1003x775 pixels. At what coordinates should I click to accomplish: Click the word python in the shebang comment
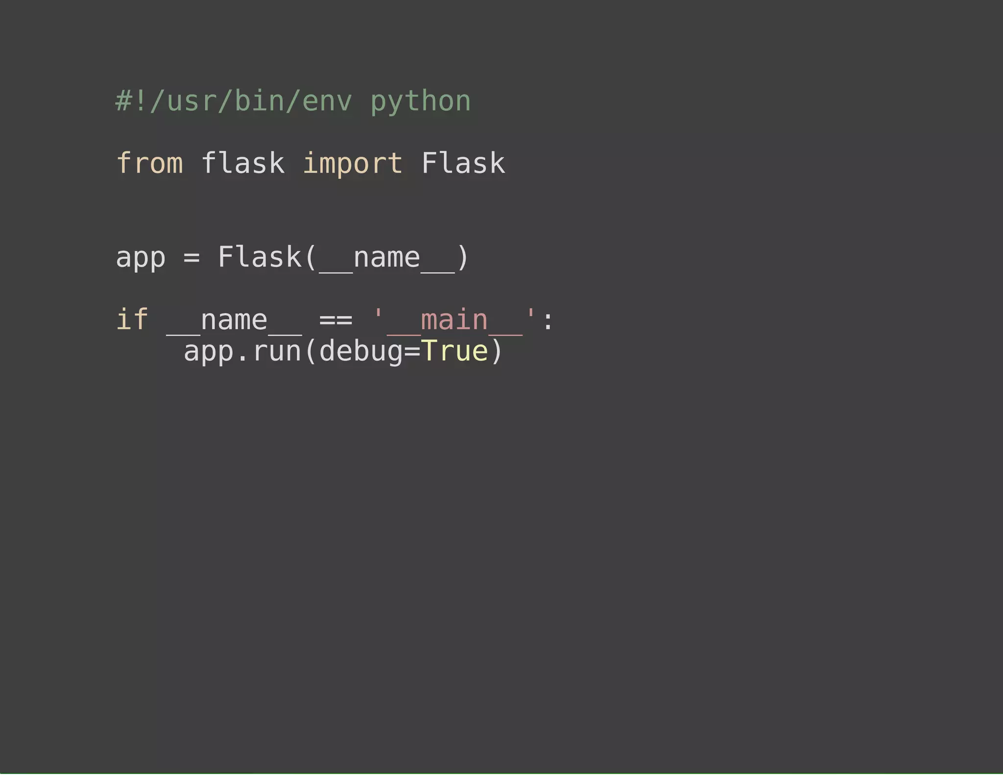421,102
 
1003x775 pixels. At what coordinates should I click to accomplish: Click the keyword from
150,163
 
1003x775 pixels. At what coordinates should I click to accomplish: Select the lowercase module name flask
243,163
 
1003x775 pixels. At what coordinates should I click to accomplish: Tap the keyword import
353,163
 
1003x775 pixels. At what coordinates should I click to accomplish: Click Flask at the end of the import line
463,163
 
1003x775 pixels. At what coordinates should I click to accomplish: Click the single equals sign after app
191,258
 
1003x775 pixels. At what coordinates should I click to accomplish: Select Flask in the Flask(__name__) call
260,257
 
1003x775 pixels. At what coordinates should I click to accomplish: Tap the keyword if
132,320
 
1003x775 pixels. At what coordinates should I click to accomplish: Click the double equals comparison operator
335,320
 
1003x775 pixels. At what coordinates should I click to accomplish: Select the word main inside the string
454,320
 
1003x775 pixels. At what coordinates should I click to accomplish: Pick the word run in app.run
277,352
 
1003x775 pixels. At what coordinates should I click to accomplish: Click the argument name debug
361,352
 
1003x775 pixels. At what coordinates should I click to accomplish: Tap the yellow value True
454,351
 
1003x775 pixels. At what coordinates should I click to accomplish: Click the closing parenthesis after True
497,352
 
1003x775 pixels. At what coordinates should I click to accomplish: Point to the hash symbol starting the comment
123,101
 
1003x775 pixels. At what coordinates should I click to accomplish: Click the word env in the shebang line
327,102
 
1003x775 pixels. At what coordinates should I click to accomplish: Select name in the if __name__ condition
234,320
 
